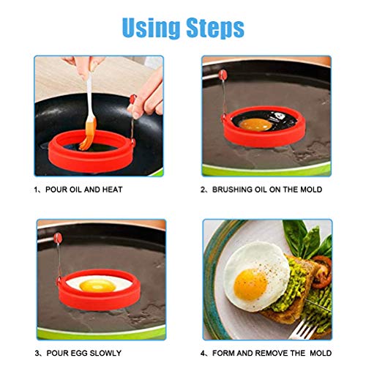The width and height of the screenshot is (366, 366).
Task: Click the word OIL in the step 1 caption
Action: (x=81, y=189)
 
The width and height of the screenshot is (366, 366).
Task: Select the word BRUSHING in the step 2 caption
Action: (x=233, y=189)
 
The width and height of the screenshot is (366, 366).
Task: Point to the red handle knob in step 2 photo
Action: (x=220, y=73)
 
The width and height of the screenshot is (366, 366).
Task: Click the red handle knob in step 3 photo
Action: (x=56, y=239)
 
